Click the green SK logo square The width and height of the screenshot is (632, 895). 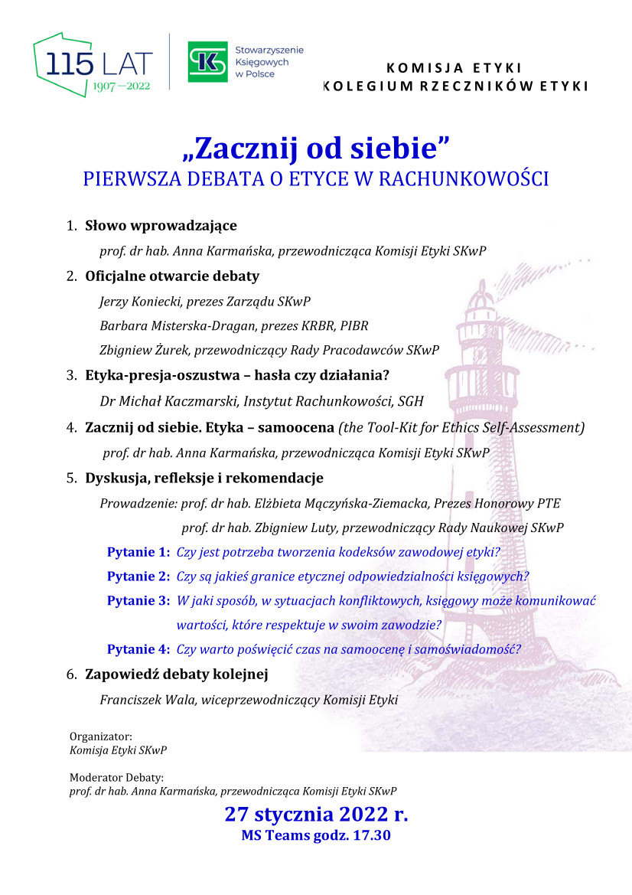209,61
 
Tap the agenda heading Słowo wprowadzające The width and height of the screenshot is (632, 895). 161,226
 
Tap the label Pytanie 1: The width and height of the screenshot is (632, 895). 138,552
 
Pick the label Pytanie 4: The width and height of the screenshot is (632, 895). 138,649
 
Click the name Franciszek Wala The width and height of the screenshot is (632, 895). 144,699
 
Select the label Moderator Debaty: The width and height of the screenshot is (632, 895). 116,778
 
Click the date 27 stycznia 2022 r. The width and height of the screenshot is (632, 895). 316,813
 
